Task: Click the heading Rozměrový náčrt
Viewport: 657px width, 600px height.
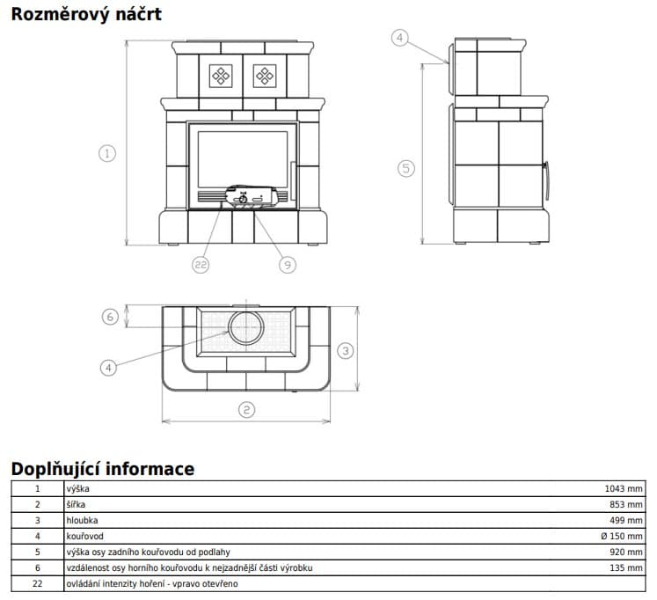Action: [85, 15]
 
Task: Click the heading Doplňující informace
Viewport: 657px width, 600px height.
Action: [102, 468]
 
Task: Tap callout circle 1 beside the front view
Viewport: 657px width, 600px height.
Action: [107, 153]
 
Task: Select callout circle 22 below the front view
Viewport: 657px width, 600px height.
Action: [201, 264]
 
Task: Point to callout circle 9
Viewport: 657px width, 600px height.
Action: [287, 264]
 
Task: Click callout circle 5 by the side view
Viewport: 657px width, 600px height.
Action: [405, 168]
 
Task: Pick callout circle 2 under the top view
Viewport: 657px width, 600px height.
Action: [246, 409]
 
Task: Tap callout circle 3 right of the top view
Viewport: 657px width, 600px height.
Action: [346, 350]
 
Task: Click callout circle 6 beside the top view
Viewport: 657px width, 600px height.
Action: [109, 317]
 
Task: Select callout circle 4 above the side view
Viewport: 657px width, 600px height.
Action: [400, 38]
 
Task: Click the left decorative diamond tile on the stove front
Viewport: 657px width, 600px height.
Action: [221, 77]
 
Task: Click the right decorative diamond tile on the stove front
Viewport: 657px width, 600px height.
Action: [266, 77]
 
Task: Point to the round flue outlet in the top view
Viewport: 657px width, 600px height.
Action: [246, 328]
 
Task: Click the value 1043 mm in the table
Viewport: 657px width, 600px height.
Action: [624, 488]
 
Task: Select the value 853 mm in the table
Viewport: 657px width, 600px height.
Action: [626, 504]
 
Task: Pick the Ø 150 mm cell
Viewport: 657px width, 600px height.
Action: [623, 536]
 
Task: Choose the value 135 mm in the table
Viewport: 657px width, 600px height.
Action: [626, 567]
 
